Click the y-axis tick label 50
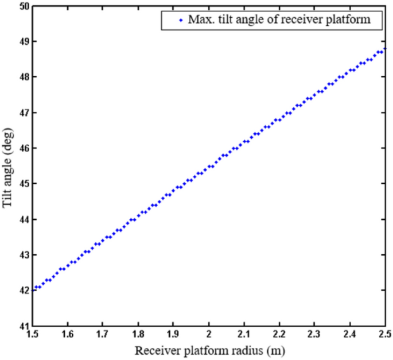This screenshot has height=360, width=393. point(24,6)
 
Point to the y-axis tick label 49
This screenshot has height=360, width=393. point(24,42)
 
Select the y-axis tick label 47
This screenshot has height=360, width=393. point(24,113)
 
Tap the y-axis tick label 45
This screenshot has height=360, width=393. point(24,184)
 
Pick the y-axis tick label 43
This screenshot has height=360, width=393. point(24,255)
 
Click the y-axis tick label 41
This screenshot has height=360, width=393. point(24,326)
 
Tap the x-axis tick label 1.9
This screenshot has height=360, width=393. point(173,335)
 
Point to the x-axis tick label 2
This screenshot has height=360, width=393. point(209,335)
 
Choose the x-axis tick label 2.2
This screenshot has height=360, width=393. point(279,335)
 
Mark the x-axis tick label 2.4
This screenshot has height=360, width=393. point(350,335)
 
